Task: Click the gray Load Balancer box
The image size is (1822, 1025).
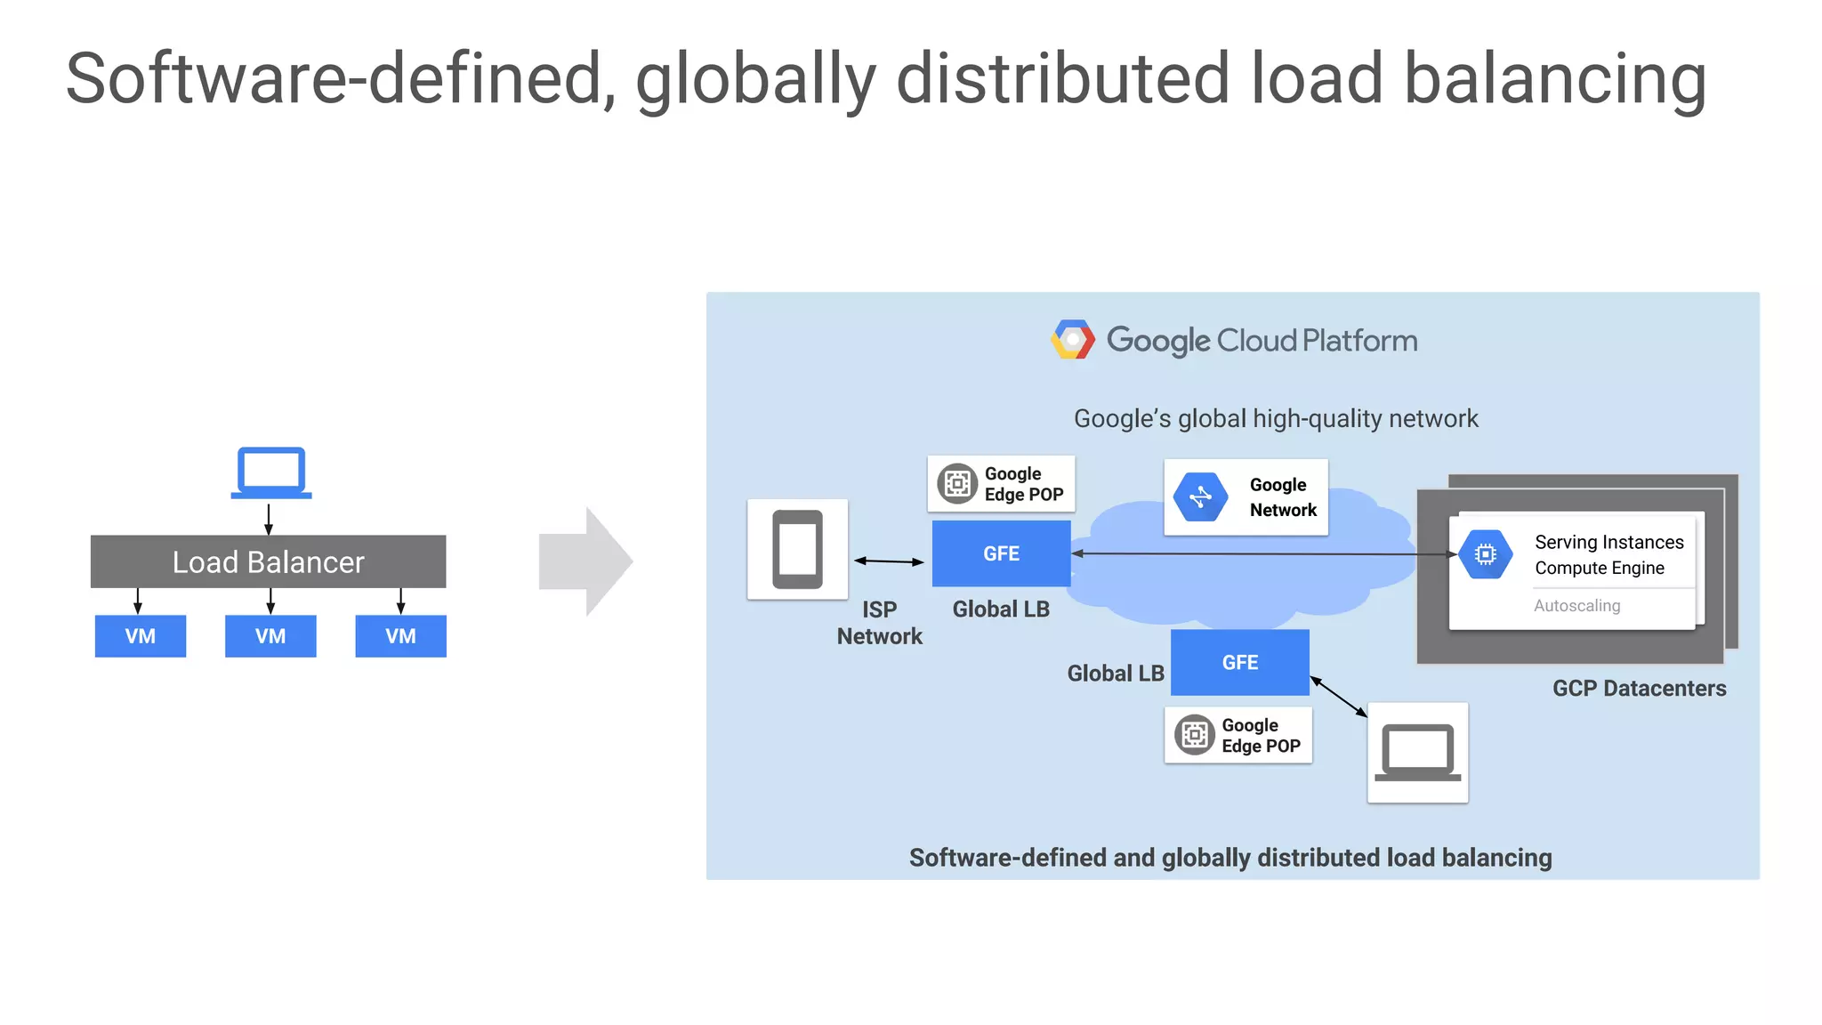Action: (x=268, y=561)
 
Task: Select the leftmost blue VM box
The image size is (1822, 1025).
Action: (x=141, y=636)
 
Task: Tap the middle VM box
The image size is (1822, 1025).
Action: (x=270, y=636)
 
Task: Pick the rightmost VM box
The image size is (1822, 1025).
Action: (x=400, y=636)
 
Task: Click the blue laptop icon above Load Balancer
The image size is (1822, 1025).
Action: (x=271, y=472)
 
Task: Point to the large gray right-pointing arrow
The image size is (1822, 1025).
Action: (x=585, y=561)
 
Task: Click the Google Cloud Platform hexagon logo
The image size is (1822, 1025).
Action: (x=1073, y=340)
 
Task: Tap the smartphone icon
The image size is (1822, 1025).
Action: (x=797, y=549)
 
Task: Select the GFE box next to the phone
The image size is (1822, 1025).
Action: (x=1001, y=553)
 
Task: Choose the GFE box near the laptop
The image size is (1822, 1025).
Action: (x=1239, y=663)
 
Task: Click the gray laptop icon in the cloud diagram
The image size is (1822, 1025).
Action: (x=1417, y=753)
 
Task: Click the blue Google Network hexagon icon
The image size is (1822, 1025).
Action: (x=1200, y=496)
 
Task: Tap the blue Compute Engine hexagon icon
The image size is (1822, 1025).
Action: (x=1485, y=554)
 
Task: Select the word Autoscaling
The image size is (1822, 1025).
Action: (x=1576, y=606)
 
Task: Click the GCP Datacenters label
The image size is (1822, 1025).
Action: (x=1639, y=689)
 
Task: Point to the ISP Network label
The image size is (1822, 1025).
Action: (x=879, y=623)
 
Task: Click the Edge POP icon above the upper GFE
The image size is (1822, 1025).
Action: (x=957, y=484)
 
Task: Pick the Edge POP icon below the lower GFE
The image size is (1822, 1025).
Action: (x=1195, y=735)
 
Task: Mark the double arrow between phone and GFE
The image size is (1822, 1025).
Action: (x=889, y=561)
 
